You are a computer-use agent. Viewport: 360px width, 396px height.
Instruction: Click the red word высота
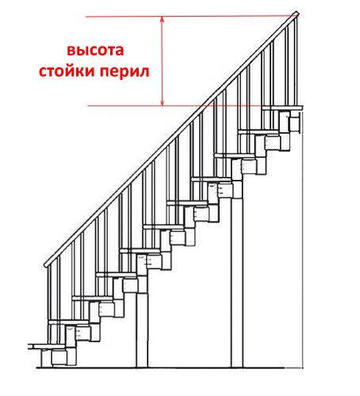(x=95, y=50)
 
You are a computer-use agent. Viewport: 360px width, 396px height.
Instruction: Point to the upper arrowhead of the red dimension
(x=163, y=19)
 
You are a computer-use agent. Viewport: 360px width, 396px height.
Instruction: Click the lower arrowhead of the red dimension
(x=163, y=103)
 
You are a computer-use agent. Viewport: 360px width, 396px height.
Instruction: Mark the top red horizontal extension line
(x=190, y=17)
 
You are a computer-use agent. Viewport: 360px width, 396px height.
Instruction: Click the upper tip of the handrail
(x=297, y=13)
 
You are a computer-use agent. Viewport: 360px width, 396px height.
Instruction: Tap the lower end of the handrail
(x=46, y=265)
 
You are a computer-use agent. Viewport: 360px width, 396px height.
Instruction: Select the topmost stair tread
(x=282, y=108)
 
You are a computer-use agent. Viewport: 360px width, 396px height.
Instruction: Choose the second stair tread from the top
(x=259, y=131)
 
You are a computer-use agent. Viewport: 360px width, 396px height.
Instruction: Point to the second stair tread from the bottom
(x=68, y=322)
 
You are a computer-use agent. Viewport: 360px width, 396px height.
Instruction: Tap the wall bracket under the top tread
(x=295, y=122)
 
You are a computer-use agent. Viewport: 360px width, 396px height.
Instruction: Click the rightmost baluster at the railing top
(x=296, y=62)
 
